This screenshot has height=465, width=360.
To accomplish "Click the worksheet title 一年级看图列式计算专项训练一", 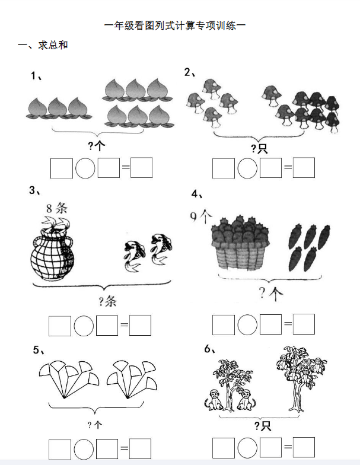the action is coord(175,26).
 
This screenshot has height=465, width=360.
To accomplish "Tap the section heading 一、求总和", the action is coord(43,45).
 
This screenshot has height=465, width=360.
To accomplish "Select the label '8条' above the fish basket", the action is coord(57,208).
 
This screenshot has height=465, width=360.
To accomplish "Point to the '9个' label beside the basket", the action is coord(201,216).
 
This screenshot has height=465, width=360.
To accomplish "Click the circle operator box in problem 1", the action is coord(85,168).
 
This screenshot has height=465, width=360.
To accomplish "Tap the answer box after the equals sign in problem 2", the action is coord(304,167).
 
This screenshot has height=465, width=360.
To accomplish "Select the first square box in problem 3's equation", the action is coord(59,326).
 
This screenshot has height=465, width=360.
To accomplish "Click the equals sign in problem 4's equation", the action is coord(288,324).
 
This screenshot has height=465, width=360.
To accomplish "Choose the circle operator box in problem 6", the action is coord(247,448).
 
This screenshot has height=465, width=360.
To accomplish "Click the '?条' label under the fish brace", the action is coord(107,301).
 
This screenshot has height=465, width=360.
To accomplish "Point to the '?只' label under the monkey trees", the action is coord(262,426).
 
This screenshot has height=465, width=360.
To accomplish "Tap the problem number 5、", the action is coord(39,350).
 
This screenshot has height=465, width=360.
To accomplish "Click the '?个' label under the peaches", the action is coord(96,146).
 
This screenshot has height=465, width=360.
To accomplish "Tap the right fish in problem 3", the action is coord(161,248).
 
